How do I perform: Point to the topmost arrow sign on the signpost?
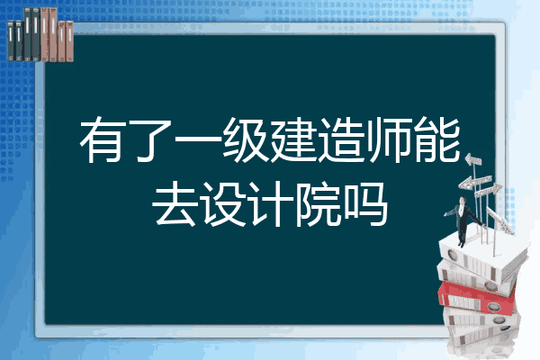click(478, 161)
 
